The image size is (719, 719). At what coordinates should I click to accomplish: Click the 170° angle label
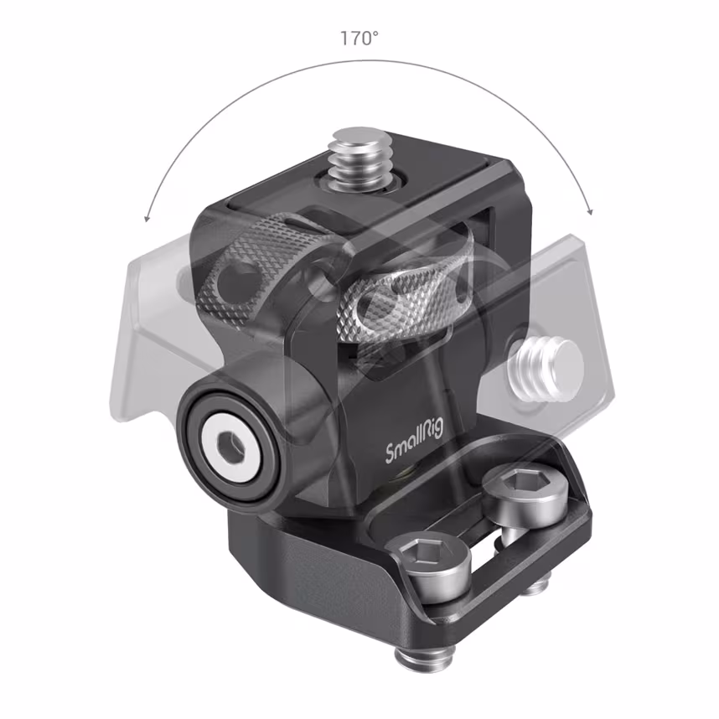coord(358,39)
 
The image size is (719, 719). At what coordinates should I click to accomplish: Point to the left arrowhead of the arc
coord(147,218)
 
